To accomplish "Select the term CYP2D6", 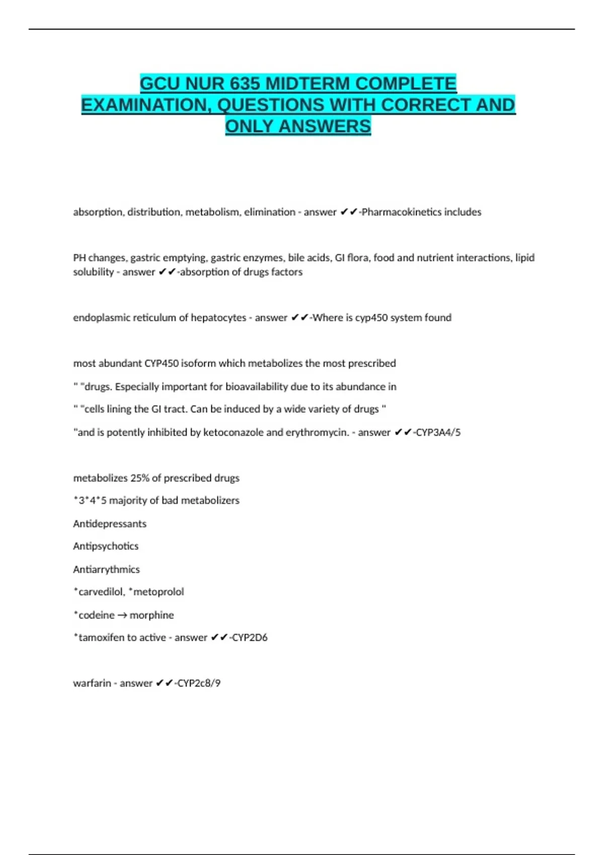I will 250,638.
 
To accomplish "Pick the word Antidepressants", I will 110,524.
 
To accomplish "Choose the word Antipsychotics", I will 106,546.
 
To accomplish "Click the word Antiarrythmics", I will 106,570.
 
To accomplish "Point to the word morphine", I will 152,616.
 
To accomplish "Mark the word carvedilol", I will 101,592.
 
